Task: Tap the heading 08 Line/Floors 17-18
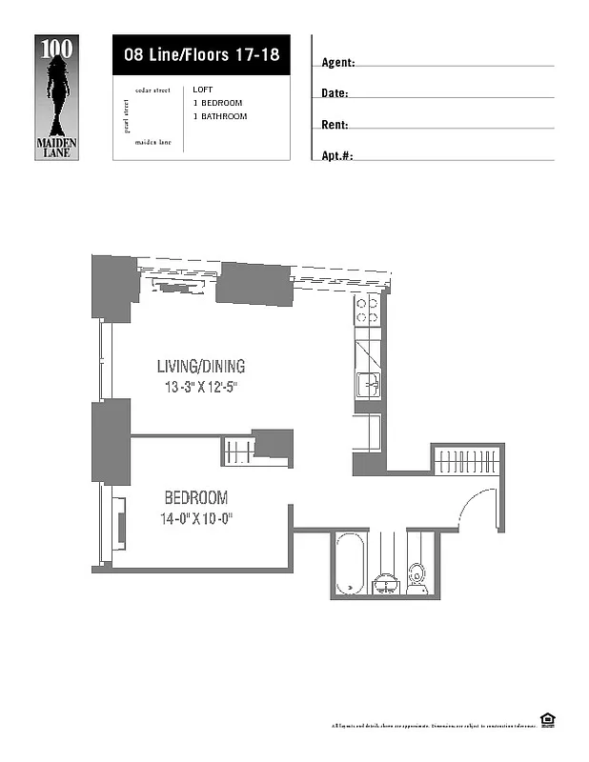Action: click(201, 54)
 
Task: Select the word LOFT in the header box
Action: click(202, 90)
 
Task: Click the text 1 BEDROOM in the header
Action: click(217, 103)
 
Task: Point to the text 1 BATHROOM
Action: click(219, 116)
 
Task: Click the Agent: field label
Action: click(338, 63)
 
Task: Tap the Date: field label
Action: click(335, 93)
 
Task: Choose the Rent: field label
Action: click(335, 125)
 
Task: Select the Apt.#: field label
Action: click(337, 155)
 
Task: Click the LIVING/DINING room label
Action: click(201, 366)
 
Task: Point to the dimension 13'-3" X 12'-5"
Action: click(200, 388)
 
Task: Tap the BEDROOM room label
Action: click(196, 497)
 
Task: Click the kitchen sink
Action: click(368, 385)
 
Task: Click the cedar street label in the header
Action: click(152, 90)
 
